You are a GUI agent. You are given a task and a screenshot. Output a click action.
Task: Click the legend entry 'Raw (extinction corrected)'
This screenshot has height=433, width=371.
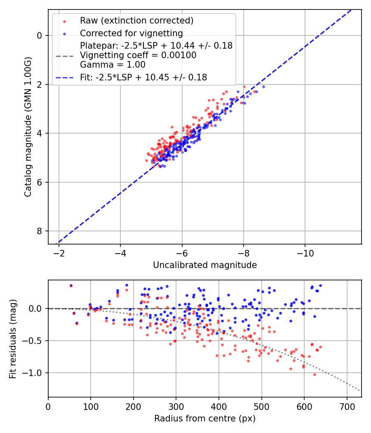(136, 20)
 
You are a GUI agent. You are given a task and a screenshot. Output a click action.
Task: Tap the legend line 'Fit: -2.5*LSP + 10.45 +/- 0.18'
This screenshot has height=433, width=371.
(143, 77)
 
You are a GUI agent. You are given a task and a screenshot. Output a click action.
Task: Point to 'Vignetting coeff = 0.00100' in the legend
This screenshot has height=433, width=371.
(138, 55)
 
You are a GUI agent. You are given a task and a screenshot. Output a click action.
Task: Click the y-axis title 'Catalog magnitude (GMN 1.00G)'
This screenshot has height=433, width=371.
(28, 127)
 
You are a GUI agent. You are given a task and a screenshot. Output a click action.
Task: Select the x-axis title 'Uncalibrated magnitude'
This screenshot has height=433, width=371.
(205, 265)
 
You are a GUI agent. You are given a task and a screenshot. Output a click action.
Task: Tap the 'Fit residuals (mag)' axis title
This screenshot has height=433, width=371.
(13, 339)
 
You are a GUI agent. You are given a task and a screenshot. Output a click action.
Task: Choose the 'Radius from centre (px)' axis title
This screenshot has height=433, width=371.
(205, 419)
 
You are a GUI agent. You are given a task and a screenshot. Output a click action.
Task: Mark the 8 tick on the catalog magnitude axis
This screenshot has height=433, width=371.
(39, 231)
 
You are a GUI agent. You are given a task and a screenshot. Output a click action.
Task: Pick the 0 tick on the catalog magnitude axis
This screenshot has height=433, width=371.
(39, 35)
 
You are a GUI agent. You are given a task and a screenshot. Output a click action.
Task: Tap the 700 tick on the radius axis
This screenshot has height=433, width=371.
(347, 406)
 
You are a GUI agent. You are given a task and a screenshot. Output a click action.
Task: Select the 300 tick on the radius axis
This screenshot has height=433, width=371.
(176, 406)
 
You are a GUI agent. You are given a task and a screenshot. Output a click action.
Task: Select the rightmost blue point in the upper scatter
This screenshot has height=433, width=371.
(263, 87)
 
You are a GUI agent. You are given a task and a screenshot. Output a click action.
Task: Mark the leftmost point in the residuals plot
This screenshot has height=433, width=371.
(71, 285)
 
